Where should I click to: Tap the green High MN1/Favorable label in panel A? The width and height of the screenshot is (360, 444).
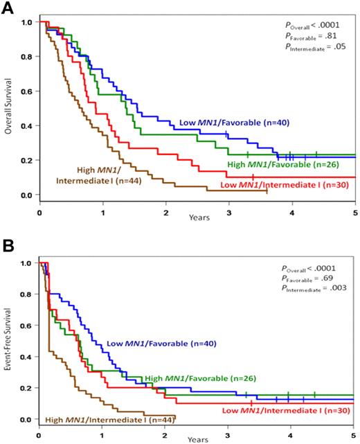(273, 166)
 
